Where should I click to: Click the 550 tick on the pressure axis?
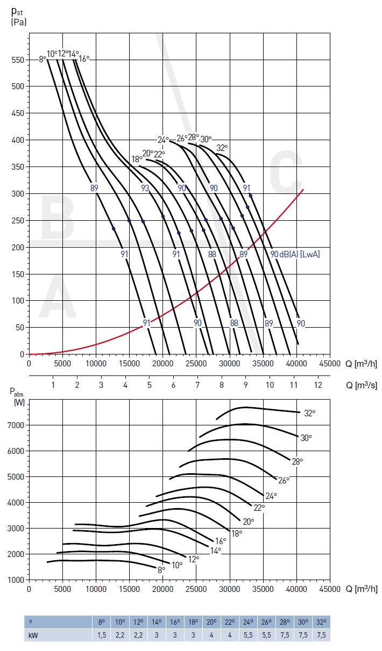(x=17, y=60)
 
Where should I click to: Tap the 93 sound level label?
(x=145, y=188)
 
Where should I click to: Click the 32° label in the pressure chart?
(x=222, y=147)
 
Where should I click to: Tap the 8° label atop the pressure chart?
(x=43, y=59)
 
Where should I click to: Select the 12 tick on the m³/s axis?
(x=319, y=385)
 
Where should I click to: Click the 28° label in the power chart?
(x=298, y=461)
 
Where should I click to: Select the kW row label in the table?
(x=33, y=635)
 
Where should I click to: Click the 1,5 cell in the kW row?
(x=101, y=635)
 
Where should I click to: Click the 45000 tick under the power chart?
(x=329, y=589)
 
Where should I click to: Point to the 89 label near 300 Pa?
(x=94, y=188)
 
